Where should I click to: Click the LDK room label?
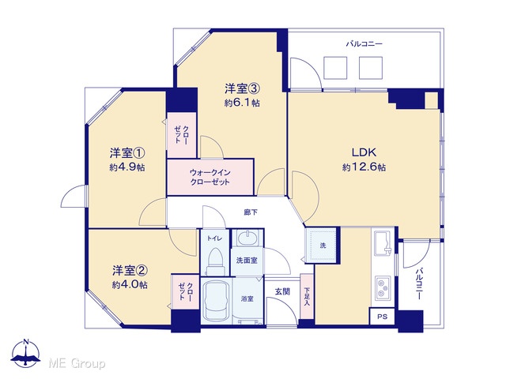364,152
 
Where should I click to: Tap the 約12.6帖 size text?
364,167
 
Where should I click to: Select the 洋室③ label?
243,88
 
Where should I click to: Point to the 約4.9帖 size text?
126,167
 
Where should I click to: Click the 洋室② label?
130,270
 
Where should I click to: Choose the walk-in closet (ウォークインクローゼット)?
210,177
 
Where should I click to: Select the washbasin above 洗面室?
247,238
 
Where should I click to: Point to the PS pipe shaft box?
383,317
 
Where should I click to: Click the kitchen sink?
383,241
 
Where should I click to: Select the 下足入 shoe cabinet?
307,296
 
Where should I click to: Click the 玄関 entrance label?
282,291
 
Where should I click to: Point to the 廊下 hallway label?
251,212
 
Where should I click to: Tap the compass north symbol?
25,353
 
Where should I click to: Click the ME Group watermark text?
77,364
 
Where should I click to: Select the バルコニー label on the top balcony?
364,43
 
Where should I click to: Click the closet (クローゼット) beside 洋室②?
186,292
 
